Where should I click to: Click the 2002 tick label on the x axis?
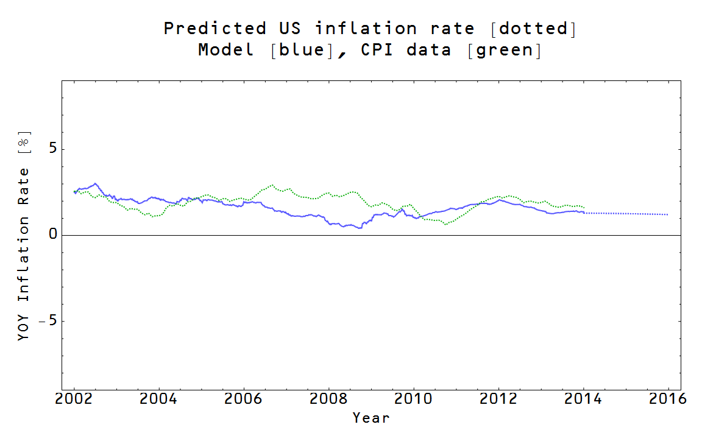coord(74,400)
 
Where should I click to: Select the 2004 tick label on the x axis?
coord(159,400)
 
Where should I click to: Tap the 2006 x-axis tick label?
coord(244,400)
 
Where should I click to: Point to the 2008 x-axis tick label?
coord(328,400)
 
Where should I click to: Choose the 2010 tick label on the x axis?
coord(413,400)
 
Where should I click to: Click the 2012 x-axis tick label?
coord(498,400)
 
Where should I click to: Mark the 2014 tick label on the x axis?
coord(583,400)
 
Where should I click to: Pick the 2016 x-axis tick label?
coord(668,400)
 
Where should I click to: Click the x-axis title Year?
coord(370,418)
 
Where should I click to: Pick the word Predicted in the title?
coord(214,29)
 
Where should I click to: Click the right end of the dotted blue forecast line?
coord(668,214)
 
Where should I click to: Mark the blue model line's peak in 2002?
coord(95,183)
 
